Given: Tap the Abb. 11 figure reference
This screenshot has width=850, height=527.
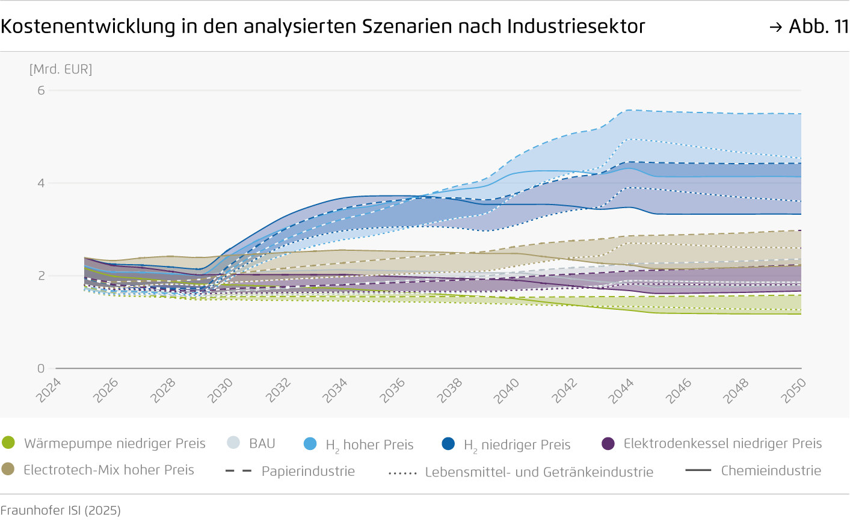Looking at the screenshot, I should coord(810,26).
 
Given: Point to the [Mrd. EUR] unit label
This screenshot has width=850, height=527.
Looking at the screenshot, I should coord(61,69).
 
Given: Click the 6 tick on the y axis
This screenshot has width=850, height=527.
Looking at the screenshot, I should coord(41,90).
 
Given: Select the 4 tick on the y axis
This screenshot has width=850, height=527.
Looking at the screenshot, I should coord(41,183).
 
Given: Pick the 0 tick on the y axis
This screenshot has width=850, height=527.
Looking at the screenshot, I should coord(41,368).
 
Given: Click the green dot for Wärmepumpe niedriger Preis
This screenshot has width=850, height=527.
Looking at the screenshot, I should coord(8,443).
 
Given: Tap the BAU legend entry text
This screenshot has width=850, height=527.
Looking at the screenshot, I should coord(262,443).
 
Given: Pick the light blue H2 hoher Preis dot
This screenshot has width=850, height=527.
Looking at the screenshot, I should coord(310,444).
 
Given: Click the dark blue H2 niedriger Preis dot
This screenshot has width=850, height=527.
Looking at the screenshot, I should coord(448,444).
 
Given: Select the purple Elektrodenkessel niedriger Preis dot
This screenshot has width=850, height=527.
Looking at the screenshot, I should coord(608,444).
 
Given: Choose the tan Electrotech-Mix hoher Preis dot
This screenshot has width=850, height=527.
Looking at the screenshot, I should coord(8,469).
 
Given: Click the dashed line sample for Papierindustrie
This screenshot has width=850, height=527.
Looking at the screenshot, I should coord(238,471).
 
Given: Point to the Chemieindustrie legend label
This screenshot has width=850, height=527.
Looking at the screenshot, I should coord(771,470).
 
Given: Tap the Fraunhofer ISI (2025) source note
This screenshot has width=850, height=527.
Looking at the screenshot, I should coord(61,510).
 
